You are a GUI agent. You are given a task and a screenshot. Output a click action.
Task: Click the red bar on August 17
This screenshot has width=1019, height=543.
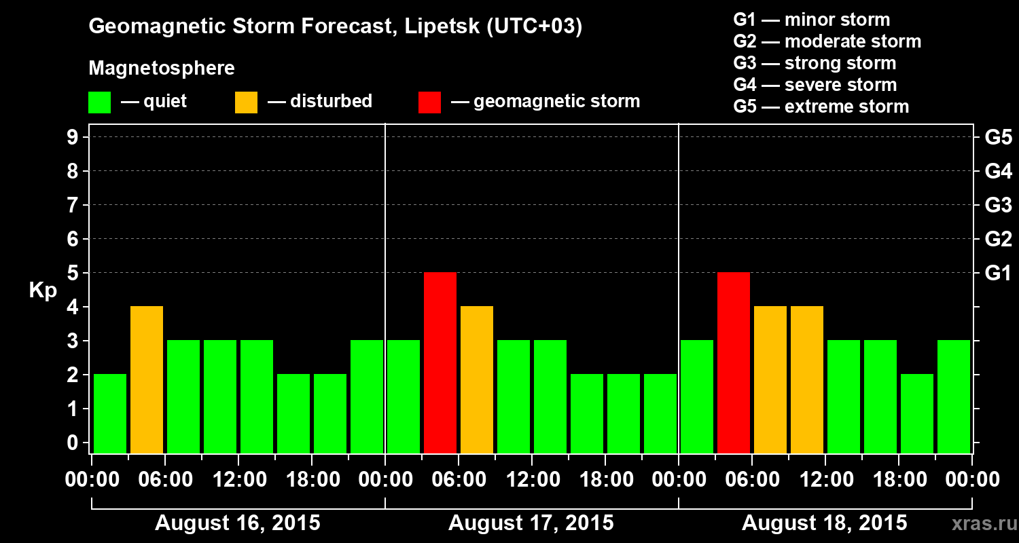tap(440, 362)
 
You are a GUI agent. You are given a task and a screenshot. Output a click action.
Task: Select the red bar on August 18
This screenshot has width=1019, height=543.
tap(734, 362)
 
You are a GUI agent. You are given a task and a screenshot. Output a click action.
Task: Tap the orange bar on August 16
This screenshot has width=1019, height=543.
tap(147, 379)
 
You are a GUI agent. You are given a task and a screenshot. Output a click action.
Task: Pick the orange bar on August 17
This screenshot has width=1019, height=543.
tap(477, 379)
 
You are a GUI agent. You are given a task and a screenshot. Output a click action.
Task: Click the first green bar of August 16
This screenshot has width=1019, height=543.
tap(110, 413)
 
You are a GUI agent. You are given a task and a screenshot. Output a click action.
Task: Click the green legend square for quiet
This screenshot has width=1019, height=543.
tap(100, 102)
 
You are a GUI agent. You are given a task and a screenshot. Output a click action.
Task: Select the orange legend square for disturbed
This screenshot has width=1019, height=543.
tap(247, 102)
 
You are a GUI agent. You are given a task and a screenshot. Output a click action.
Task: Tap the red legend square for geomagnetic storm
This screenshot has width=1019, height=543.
tap(430, 102)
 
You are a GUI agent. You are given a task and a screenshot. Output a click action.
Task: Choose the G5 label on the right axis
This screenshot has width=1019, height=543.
tap(998, 137)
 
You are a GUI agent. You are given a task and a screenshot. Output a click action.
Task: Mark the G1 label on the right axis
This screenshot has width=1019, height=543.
tap(998, 273)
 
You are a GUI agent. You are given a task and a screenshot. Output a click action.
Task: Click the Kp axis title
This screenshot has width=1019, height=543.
tap(43, 292)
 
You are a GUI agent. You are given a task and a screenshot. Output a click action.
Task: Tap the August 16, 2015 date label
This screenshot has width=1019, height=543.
tap(238, 523)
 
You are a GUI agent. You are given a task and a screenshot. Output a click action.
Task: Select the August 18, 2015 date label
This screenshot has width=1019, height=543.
tap(824, 523)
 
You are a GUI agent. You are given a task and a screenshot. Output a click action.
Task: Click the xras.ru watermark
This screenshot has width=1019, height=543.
tap(982, 524)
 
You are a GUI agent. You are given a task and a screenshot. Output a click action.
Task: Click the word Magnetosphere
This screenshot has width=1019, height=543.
tap(162, 69)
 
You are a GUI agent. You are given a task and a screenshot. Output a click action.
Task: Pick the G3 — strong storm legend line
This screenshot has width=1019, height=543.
tap(815, 63)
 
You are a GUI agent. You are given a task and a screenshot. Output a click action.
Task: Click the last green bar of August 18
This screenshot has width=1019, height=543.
tap(954, 396)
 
